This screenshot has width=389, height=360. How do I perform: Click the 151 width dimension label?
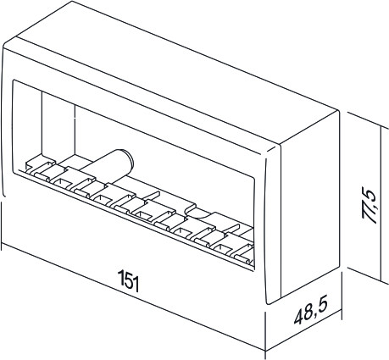tap(128, 280)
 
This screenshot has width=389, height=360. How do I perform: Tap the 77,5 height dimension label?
tap(370, 206)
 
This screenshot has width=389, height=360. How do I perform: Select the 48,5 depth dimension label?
tap(311, 312)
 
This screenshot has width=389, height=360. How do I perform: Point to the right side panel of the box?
tap(310, 205)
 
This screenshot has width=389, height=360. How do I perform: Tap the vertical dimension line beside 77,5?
tap(381, 204)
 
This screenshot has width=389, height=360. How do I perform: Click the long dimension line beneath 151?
tap(133, 297)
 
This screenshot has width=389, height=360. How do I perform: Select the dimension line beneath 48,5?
tap(303, 330)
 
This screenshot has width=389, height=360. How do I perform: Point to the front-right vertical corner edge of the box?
tap(280, 223)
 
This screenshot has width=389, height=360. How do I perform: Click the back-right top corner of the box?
tap(337, 110)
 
